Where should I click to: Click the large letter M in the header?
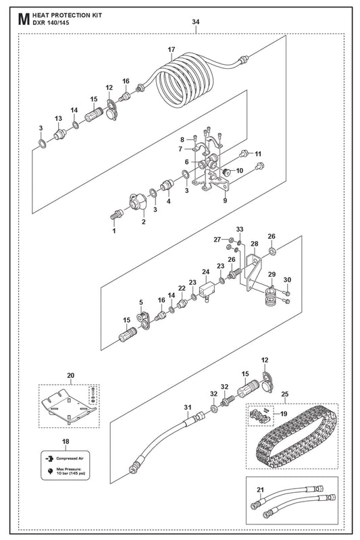(x=23, y=20)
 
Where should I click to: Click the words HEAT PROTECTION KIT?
(x=67, y=16)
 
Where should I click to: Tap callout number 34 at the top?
(x=196, y=22)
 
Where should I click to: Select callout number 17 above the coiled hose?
(x=172, y=49)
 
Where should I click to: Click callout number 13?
(x=59, y=119)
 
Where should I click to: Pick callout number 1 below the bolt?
(x=114, y=231)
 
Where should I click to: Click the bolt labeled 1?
(x=116, y=214)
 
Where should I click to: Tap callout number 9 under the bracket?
(x=225, y=200)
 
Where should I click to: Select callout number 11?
(x=258, y=154)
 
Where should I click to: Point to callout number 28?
(x=254, y=244)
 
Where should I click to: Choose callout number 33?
(x=240, y=230)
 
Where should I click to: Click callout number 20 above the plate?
(x=71, y=375)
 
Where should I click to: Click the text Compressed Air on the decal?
(x=70, y=459)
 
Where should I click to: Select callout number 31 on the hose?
(x=187, y=408)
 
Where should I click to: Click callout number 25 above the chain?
(x=285, y=394)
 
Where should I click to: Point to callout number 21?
(x=261, y=490)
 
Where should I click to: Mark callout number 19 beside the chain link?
(x=284, y=414)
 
